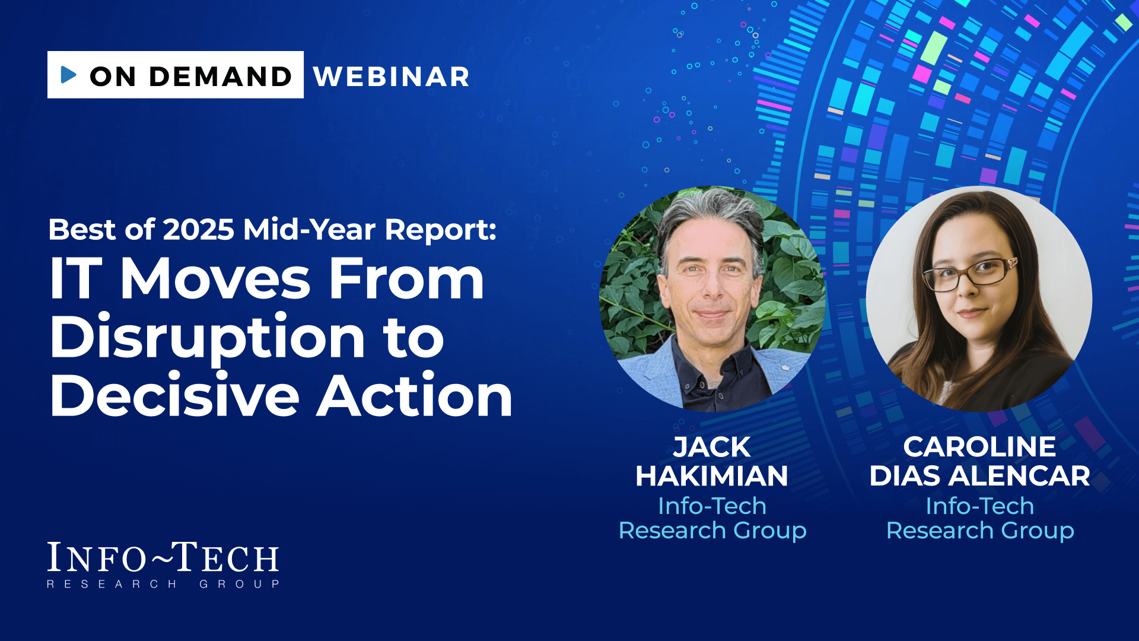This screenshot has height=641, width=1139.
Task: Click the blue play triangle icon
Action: pyautogui.click(x=69, y=75)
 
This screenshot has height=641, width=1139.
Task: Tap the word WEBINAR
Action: pyautogui.click(x=392, y=77)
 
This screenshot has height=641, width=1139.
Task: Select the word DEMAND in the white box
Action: pyautogui.click(x=220, y=77)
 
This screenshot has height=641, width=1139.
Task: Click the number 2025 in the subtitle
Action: pyautogui.click(x=199, y=230)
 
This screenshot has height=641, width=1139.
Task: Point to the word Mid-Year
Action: pyautogui.click(x=309, y=230)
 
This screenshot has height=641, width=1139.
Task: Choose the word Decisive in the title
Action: pyautogui.click(x=175, y=395)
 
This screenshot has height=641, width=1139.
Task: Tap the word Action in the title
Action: pyautogui.click(x=414, y=395)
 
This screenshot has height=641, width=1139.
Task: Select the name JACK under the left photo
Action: pyautogui.click(x=712, y=448)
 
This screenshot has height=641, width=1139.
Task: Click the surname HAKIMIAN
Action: pyautogui.click(x=712, y=476)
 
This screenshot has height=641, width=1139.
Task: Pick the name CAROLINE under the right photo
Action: pyautogui.click(x=979, y=447)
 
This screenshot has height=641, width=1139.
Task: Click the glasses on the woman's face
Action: pyautogui.click(x=970, y=274)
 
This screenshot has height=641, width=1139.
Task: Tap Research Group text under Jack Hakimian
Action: pyautogui.click(x=712, y=531)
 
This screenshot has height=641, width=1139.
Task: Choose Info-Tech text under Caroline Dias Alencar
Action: pyautogui.click(x=980, y=506)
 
